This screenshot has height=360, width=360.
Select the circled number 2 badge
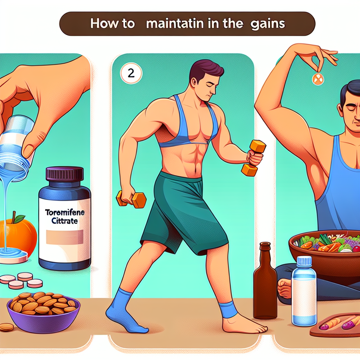click(131, 73)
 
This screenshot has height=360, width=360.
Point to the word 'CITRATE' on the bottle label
click(65, 221)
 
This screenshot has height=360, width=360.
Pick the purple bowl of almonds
click(43, 312)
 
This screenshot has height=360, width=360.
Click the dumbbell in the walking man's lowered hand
click(131, 199)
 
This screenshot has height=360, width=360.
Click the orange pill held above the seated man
click(318, 79)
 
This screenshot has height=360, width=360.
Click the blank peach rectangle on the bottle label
click(65, 237)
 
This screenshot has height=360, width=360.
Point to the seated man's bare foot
click(285, 288)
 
